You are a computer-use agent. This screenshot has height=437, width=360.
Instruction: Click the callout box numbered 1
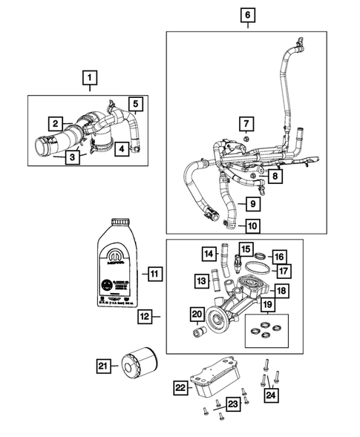pyautogui.click(x=89, y=76)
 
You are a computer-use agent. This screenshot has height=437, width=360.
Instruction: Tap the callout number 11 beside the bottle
pyautogui.click(x=153, y=274)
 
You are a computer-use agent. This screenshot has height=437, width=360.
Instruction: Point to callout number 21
pyautogui.click(x=103, y=364)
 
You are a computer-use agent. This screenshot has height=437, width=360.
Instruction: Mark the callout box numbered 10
pyautogui.click(x=252, y=226)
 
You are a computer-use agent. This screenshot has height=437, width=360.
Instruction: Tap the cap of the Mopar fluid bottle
pyautogui.click(x=121, y=223)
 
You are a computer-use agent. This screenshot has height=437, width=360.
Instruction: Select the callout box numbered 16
pyautogui.click(x=278, y=256)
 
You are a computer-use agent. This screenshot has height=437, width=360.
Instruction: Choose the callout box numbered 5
pyautogui.click(x=136, y=104)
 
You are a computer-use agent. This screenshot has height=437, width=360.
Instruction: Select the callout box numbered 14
pyautogui.click(x=210, y=254)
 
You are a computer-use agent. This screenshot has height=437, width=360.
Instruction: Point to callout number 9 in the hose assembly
pyautogui.click(x=252, y=203)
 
